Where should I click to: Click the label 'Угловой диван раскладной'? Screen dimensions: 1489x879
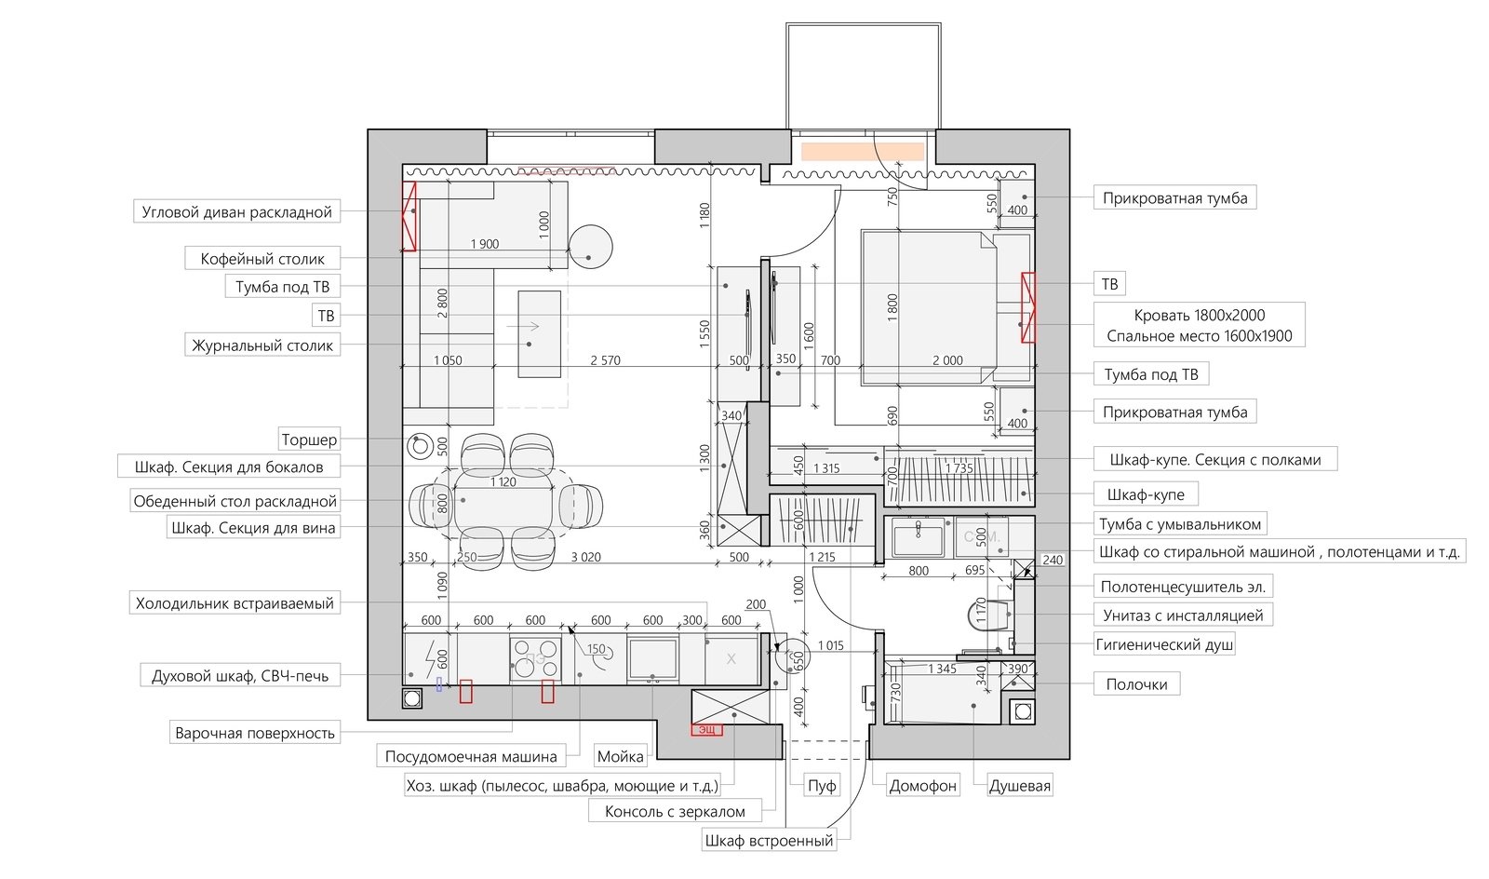pyautogui.click(x=236, y=212)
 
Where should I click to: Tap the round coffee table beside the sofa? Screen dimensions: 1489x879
pyautogui.click(x=590, y=246)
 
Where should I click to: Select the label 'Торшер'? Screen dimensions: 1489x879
pyautogui.click(x=309, y=439)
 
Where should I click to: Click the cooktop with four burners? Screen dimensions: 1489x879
pyautogui.click(x=535, y=658)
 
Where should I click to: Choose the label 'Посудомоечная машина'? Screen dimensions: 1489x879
pyautogui.click(x=471, y=757)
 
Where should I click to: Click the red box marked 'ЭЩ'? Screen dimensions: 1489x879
pyautogui.click(x=706, y=730)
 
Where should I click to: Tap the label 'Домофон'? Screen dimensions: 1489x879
pyautogui.click(x=922, y=786)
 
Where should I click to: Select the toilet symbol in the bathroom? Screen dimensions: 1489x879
pyautogui.click(x=987, y=615)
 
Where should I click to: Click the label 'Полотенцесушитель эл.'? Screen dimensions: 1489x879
pyautogui.click(x=1183, y=588)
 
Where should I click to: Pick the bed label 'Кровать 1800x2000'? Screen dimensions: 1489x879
pyautogui.click(x=1200, y=315)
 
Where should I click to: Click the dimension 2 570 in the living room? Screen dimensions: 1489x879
pyautogui.click(x=606, y=360)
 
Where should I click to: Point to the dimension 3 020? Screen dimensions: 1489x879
pyautogui.click(x=585, y=557)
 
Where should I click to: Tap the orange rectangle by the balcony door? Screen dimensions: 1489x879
pyautogui.click(x=862, y=152)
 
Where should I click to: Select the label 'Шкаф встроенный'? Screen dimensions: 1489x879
pyautogui.click(x=769, y=841)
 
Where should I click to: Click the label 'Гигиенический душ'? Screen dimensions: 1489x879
pyautogui.click(x=1164, y=644)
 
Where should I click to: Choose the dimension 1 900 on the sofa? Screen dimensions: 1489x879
pyautogui.click(x=485, y=244)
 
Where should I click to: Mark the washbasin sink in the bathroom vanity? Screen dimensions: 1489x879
pyautogui.click(x=918, y=536)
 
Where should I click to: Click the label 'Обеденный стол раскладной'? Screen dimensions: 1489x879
pyautogui.click(x=235, y=501)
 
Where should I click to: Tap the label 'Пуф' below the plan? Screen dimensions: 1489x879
pyautogui.click(x=822, y=786)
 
